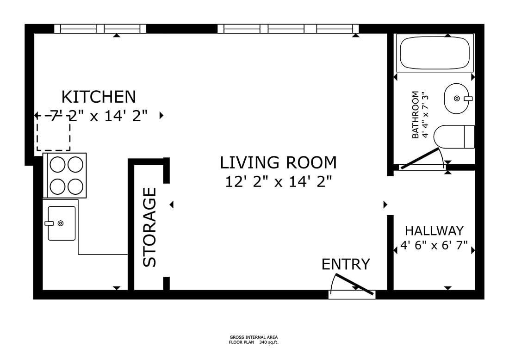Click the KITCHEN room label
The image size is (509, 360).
click(99, 97)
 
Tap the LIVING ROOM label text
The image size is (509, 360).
click(278, 162)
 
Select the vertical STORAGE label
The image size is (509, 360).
click(150, 227)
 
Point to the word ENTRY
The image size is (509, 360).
click(346, 264)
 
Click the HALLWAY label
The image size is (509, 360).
click(435, 231)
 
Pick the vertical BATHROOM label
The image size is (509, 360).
click(415, 115)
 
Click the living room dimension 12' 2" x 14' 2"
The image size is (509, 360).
click(279, 181)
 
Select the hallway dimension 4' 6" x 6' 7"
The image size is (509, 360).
click(434, 245)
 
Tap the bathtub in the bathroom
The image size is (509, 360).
click(435, 53)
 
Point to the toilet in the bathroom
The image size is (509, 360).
click(454, 137)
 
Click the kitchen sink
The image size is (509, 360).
click(62, 223)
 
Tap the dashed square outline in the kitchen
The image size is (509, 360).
click(53, 133)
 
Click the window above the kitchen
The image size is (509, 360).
click(100, 29)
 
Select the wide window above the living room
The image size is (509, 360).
click(288, 29)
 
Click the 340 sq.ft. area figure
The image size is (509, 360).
click(269, 342)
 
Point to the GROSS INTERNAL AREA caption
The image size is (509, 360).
click(254, 337)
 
